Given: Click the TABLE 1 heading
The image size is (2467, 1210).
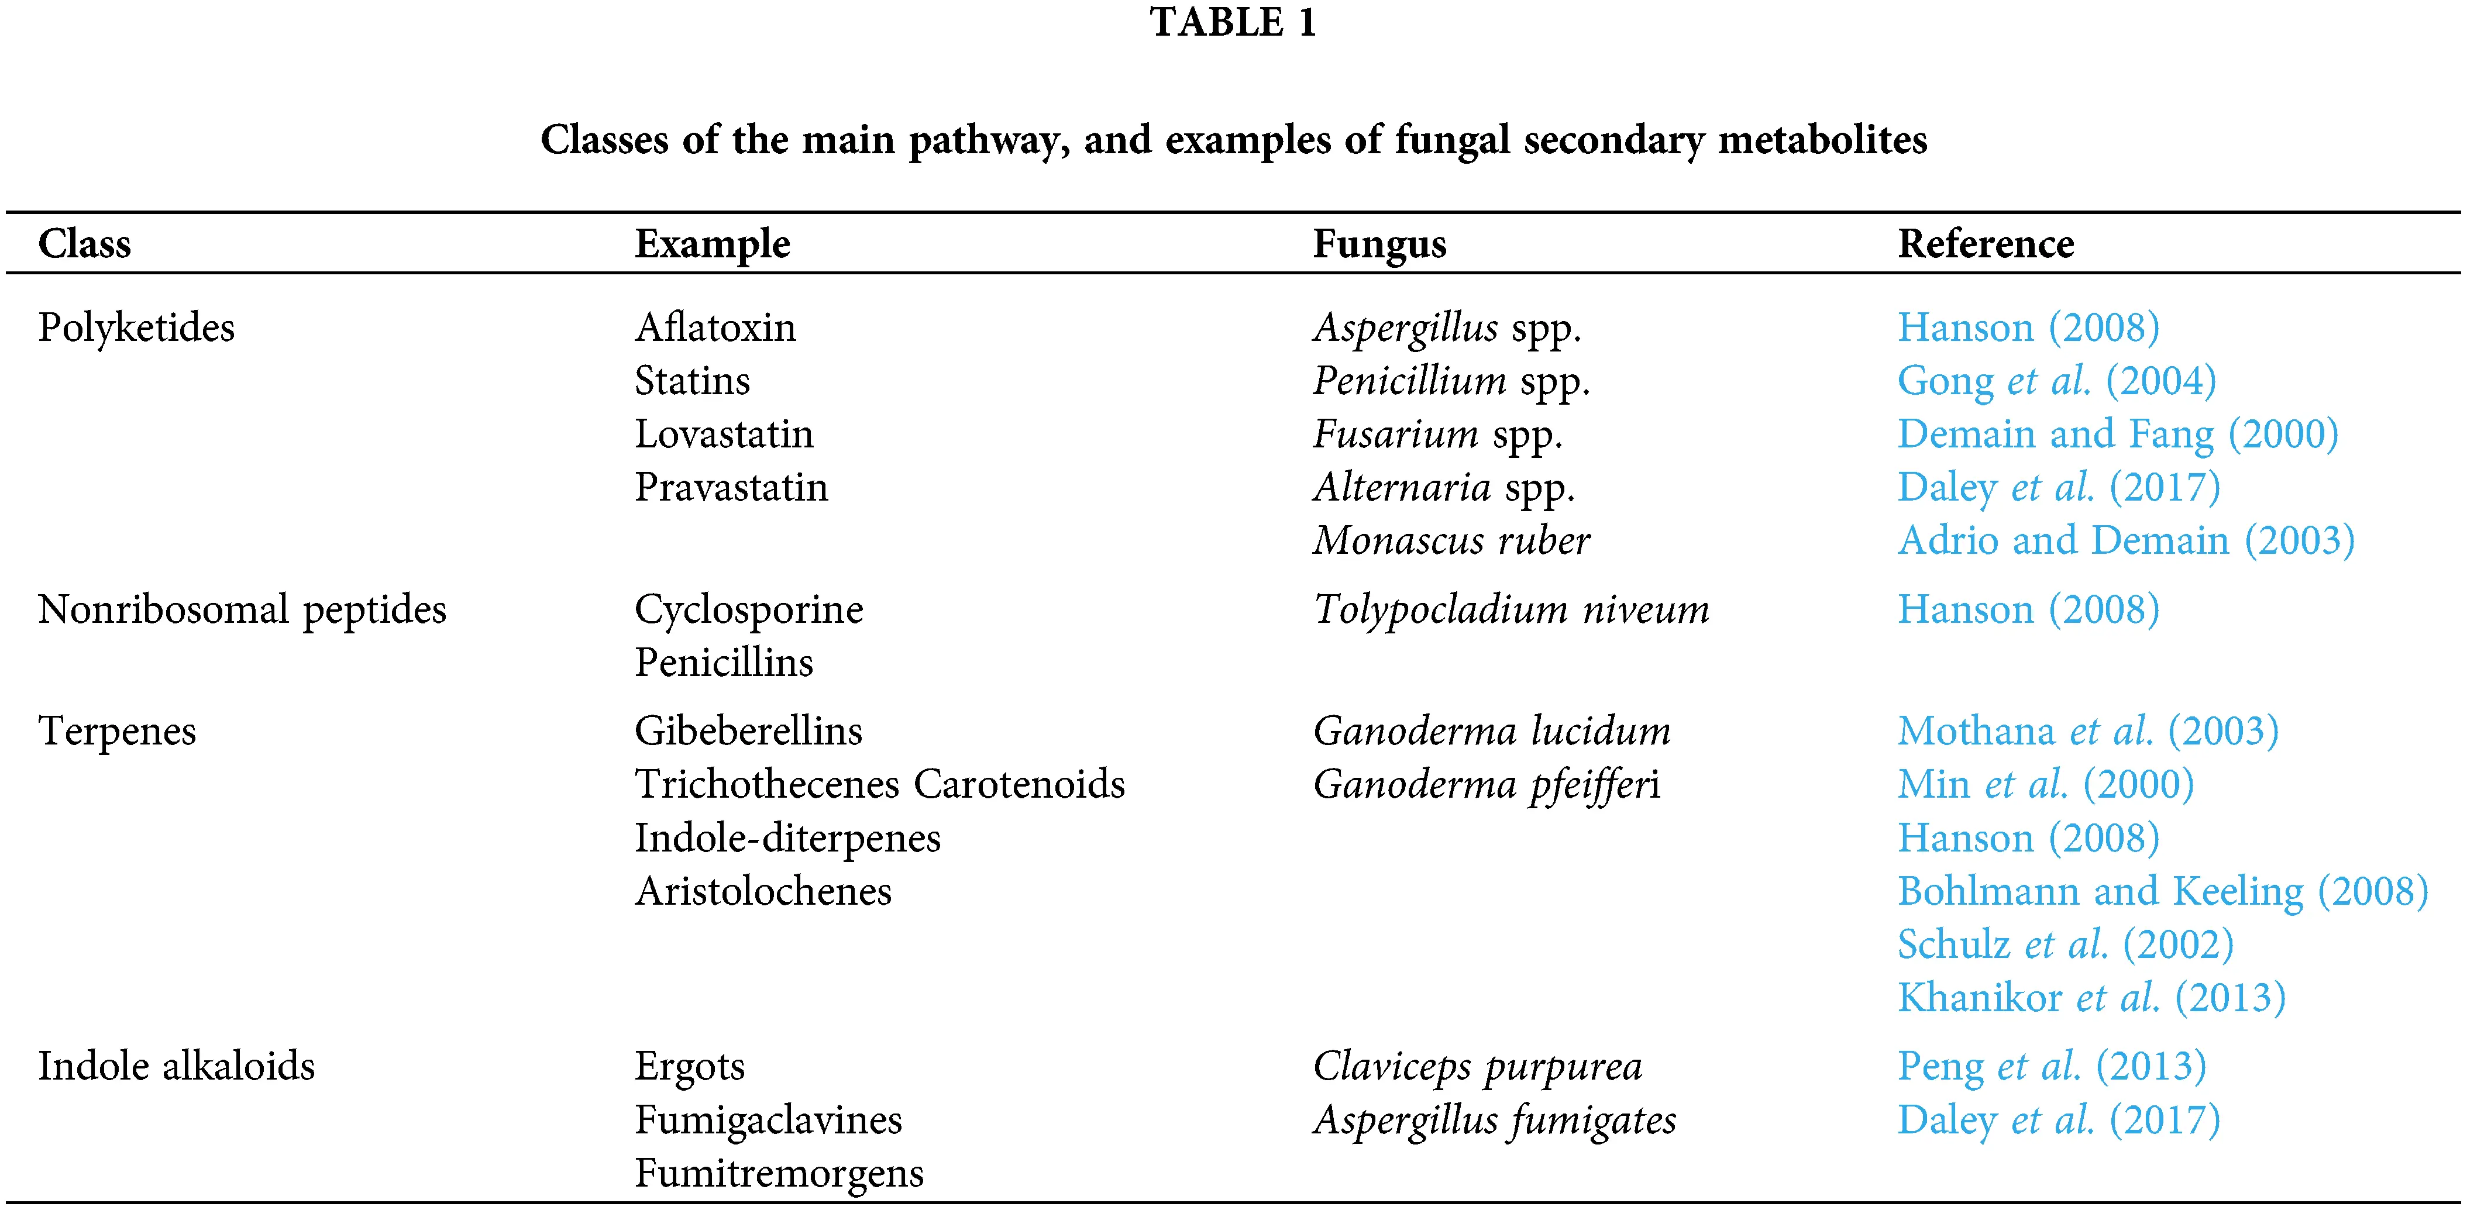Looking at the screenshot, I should tap(1233, 23).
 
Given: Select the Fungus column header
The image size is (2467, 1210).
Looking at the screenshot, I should tap(1379, 244).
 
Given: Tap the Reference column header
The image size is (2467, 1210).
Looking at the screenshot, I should tap(1986, 244).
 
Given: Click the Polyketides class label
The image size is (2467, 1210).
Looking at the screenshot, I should tap(136, 328).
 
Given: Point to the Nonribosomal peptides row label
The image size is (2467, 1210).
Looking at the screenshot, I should tap(242, 610).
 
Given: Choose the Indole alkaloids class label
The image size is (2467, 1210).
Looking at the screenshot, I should tap(176, 1066).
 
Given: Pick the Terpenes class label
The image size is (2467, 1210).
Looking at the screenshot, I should tap(117, 732).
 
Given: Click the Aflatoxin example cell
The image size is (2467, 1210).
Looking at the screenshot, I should tap(714, 328).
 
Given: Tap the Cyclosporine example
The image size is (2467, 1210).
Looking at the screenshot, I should tap(748, 610).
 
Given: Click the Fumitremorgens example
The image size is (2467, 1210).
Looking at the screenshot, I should tap(779, 1174).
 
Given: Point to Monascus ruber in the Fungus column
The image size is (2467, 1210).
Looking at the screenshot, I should tap(1451, 541).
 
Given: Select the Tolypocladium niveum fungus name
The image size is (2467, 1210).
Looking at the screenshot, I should tap(1511, 610).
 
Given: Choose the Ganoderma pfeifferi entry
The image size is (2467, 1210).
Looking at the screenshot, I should tap(1487, 785).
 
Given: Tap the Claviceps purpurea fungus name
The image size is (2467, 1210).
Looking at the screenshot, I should tap(1477, 1066).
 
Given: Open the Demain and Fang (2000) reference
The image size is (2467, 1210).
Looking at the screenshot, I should tap(2117, 435).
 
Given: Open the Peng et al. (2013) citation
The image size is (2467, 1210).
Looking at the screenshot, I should tap(2052, 1066).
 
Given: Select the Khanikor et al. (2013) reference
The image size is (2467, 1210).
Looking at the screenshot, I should tap(2091, 998).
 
